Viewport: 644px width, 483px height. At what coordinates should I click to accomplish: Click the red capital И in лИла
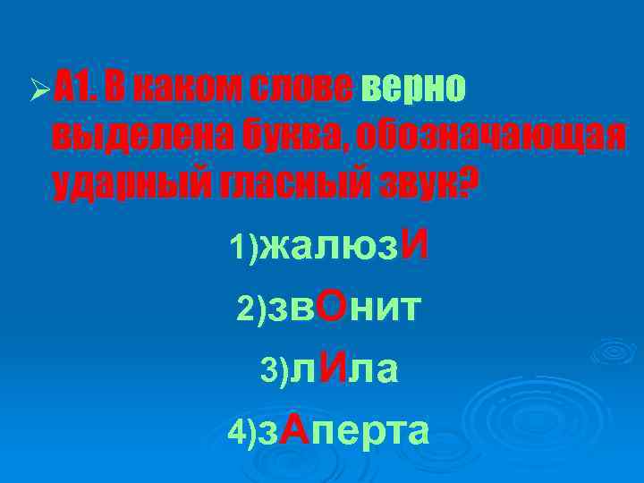(x=332, y=367)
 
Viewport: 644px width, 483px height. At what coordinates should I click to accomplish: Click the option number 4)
(x=242, y=434)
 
